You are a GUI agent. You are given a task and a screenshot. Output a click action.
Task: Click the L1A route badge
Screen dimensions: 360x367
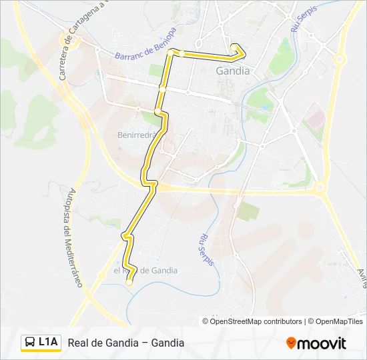click(x=41, y=343)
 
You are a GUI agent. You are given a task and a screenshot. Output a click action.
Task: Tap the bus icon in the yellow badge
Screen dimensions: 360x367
click(x=30, y=343)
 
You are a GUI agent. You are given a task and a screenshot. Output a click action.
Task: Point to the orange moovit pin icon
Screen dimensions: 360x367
click(x=291, y=343)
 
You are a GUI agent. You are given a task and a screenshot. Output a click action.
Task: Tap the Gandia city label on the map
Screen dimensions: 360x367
click(x=233, y=70)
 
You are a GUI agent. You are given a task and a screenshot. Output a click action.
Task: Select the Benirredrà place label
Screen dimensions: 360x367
click(x=137, y=134)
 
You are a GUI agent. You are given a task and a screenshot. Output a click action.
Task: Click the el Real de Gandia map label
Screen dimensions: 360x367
click(x=145, y=271)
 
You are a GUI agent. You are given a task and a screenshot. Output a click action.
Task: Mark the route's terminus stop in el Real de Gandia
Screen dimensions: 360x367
click(x=129, y=283)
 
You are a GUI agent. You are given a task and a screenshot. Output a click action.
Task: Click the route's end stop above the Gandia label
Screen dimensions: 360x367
click(x=234, y=47)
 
